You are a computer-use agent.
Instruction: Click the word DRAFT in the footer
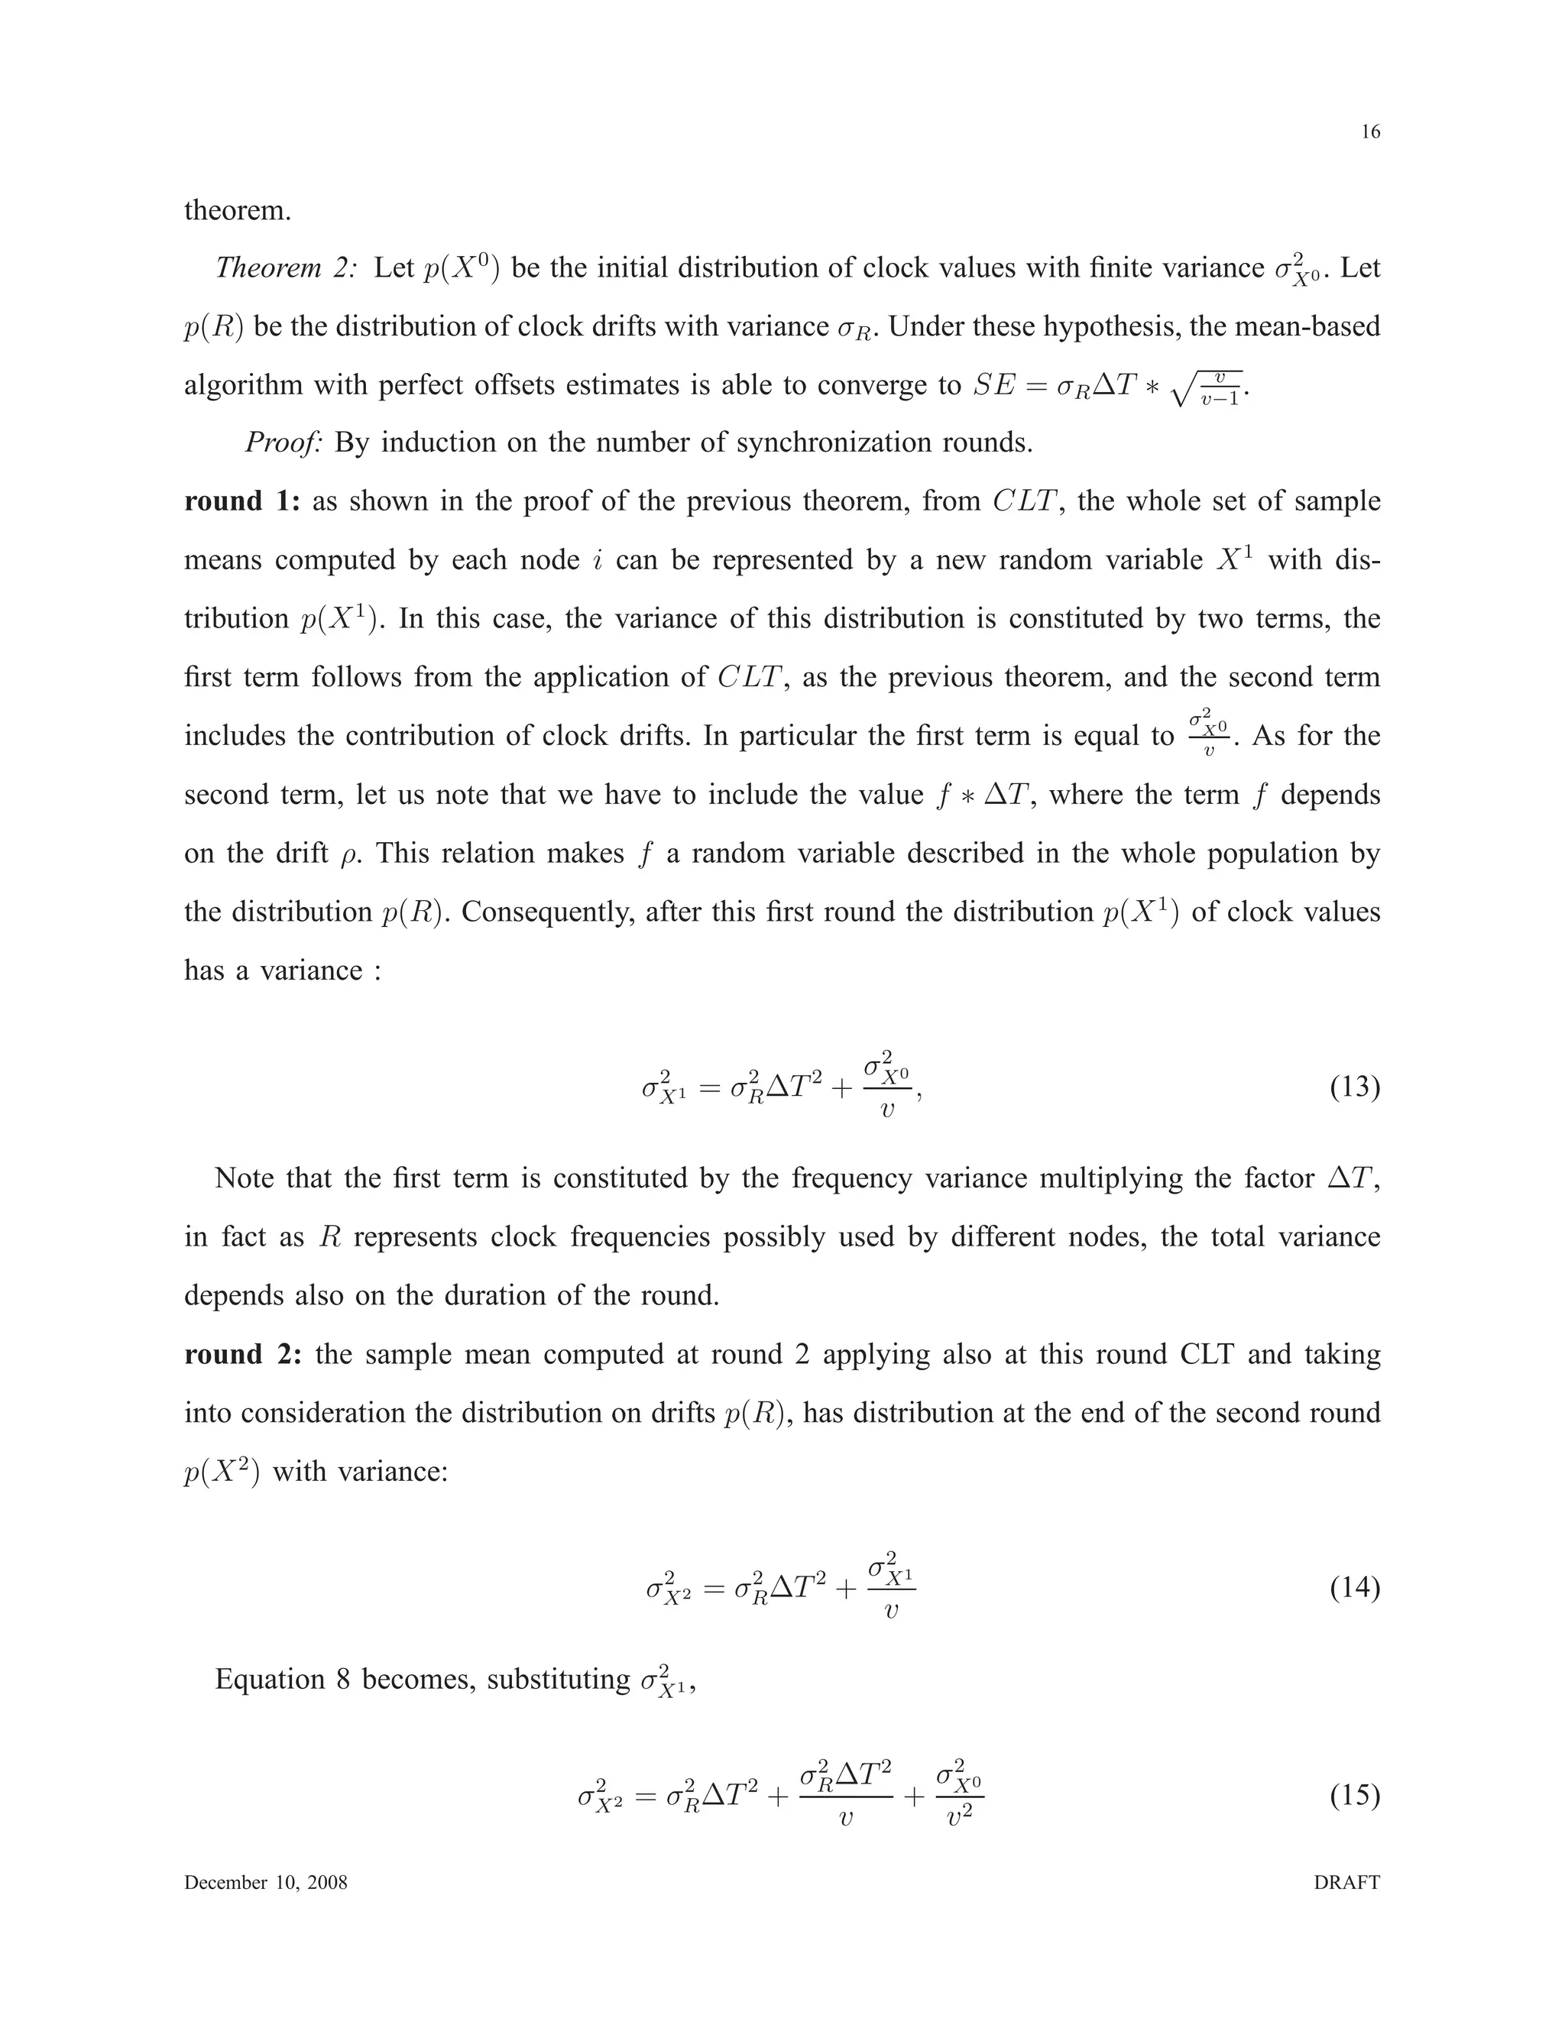click(1346, 1882)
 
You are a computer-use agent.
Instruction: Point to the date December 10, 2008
click(265, 1882)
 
